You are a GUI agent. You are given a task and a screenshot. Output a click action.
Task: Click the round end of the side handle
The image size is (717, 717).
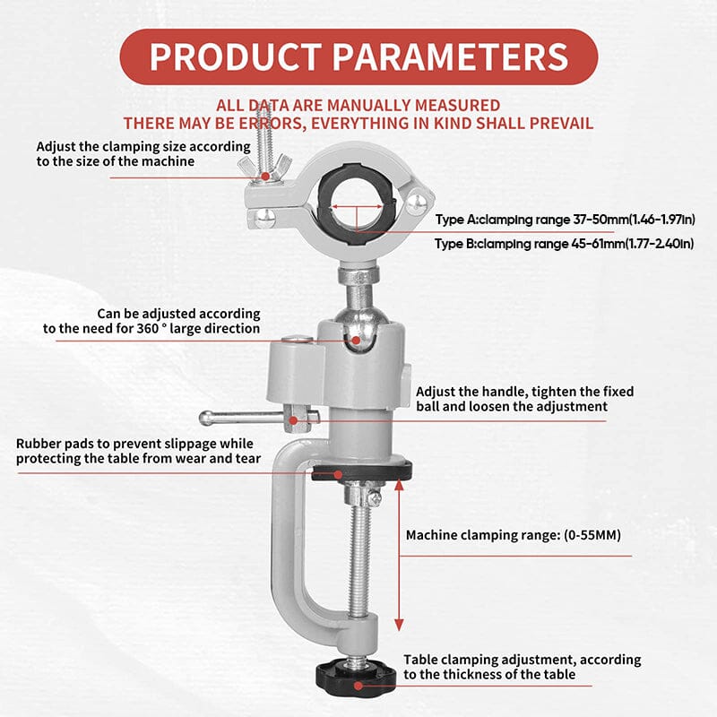(206, 417)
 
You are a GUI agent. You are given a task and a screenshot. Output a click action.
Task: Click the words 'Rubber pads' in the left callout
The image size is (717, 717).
(54, 444)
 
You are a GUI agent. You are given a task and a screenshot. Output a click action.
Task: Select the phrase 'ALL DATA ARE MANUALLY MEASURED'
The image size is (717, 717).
(358, 106)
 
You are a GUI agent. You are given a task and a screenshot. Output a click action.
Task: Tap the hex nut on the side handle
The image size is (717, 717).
(301, 417)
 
